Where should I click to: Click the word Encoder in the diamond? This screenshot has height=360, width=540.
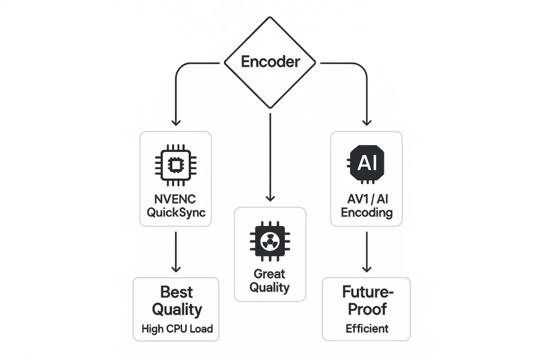[x=270, y=62]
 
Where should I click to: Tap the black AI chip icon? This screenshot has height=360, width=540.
[x=367, y=164]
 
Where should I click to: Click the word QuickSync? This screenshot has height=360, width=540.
[x=176, y=213]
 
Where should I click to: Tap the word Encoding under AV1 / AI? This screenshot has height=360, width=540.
[x=367, y=213]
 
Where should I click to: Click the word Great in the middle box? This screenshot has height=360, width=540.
[x=269, y=274]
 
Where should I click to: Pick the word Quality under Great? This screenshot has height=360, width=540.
[x=269, y=288]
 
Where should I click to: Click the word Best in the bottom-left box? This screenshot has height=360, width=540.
[x=176, y=292]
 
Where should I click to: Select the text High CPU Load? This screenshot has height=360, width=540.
[x=177, y=329]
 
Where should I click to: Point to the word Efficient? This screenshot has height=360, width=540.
[x=367, y=329]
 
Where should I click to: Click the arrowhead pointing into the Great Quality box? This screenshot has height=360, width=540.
[x=270, y=198]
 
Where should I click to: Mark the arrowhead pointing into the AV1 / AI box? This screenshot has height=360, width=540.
[x=367, y=122]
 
